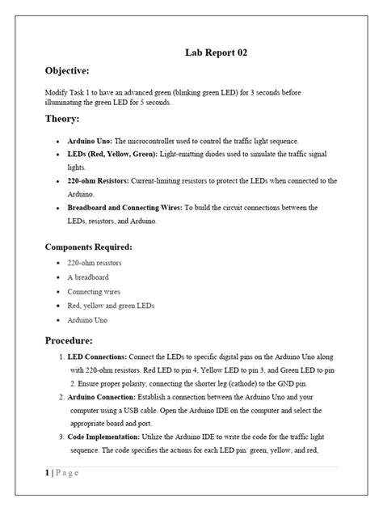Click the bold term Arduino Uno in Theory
pyautogui.click(x=91, y=141)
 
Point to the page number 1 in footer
pyautogui.click(x=47, y=473)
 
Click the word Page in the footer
pyautogui.click(x=67, y=473)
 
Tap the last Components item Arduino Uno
pyautogui.click(x=89, y=319)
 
